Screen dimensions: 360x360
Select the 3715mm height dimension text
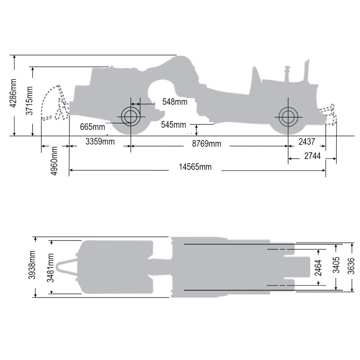(x=29, y=100)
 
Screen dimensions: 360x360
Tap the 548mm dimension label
(x=175, y=102)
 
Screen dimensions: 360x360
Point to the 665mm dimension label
(x=92, y=127)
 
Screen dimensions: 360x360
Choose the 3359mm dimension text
(x=100, y=141)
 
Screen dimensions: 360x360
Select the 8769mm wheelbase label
(x=207, y=144)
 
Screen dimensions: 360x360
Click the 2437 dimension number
(x=307, y=141)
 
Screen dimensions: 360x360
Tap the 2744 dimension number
(x=312, y=156)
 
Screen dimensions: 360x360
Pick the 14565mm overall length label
(x=195, y=167)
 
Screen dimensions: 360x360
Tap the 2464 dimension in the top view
(x=319, y=267)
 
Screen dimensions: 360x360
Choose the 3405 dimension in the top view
(x=337, y=265)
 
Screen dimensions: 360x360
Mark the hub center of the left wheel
(x=130, y=116)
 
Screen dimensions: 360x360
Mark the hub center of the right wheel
(x=288, y=116)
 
